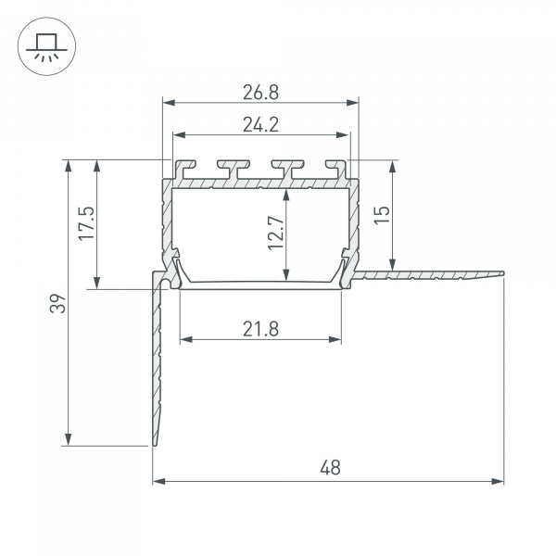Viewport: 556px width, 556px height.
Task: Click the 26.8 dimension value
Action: (260, 91)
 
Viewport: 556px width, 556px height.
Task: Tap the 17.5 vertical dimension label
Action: (85, 224)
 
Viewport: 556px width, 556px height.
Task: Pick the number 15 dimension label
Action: (383, 214)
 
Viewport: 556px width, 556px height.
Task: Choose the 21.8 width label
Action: (260, 327)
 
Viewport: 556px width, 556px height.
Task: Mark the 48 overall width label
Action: (329, 468)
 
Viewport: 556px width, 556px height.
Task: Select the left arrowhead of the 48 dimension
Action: (158, 481)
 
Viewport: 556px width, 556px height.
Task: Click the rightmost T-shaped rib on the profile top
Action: (331, 170)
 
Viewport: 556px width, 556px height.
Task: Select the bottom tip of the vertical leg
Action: (155, 444)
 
